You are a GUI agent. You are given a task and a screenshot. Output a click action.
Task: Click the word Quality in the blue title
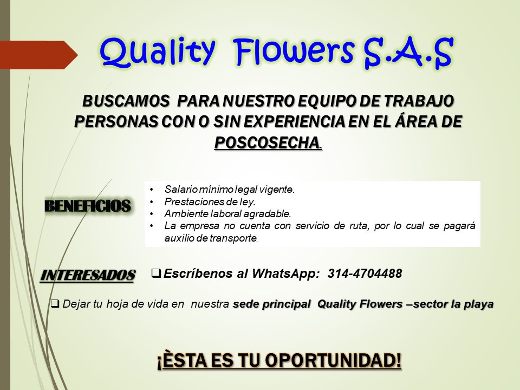tap(157, 52)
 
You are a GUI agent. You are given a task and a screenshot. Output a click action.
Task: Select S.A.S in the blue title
tap(408, 53)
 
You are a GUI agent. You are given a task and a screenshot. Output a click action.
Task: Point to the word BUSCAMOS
tap(126, 101)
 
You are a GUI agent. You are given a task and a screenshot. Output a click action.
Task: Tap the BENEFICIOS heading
tap(88, 206)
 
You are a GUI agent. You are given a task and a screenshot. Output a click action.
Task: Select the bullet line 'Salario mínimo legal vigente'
tap(230, 190)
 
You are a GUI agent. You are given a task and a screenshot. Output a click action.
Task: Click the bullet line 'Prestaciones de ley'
tap(210, 201)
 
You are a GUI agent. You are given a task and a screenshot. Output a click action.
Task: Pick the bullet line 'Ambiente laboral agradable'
tap(227, 214)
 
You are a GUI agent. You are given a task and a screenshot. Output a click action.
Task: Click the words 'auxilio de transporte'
tap(211, 238)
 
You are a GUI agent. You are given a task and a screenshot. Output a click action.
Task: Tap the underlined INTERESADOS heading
tap(88, 275)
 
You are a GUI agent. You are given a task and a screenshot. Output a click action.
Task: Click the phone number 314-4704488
tap(365, 274)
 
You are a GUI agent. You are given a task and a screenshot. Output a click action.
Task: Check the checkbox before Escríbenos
tap(156, 273)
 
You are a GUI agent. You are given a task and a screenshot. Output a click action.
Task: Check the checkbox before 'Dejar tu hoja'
tap(55, 303)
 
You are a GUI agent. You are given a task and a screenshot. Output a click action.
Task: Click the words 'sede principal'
tap(271, 304)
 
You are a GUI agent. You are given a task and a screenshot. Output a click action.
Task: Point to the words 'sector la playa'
tap(453, 304)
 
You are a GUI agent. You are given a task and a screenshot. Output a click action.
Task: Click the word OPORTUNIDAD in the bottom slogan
tap(333, 361)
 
